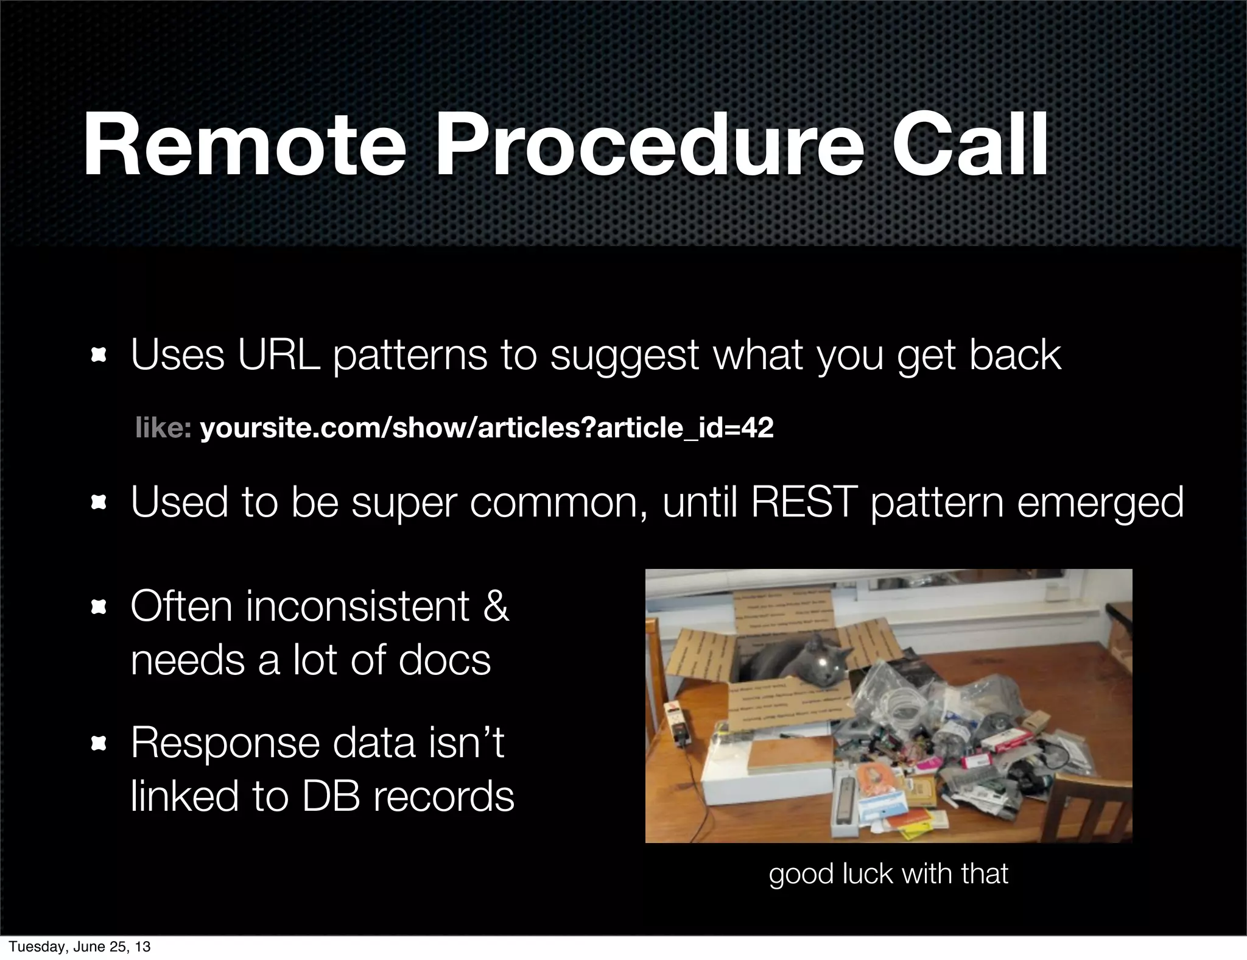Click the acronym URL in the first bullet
click(278, 355)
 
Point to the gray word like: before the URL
click(163, 428)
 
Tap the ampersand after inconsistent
click(495, 607)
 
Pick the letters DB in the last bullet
click(330, 796)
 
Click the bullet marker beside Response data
click(98, 744)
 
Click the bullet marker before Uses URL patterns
click(98, 356)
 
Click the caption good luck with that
click(888, 874)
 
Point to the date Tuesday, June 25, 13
click(80, 947)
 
